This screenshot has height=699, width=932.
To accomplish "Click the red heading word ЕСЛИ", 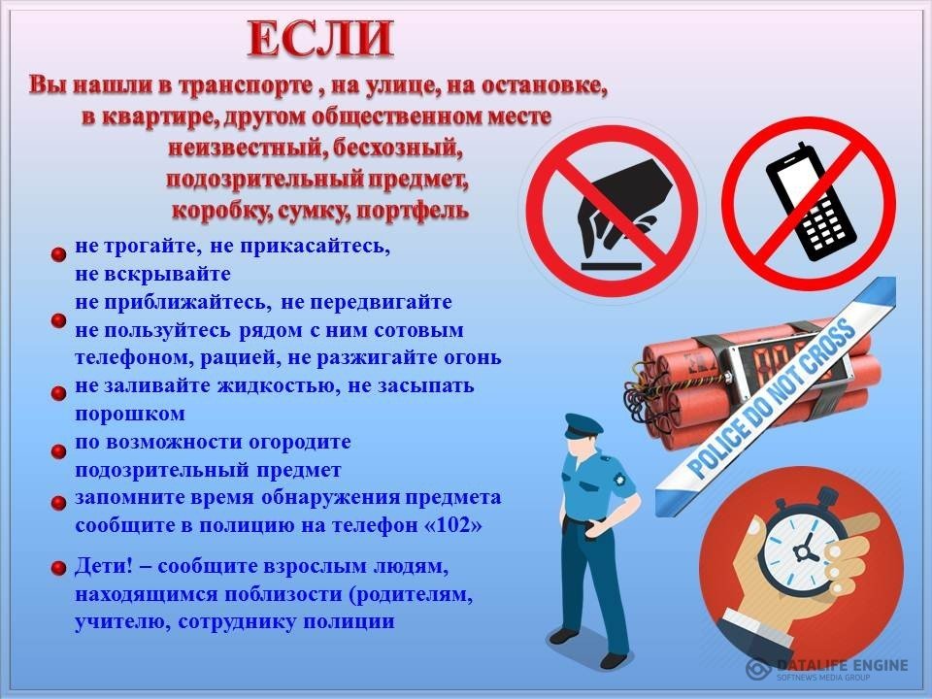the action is click(321, 39).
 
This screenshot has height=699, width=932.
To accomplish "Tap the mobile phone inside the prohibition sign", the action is click(810, 202).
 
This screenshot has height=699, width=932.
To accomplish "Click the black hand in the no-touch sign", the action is click(621, 205).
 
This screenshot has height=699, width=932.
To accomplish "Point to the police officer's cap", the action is click(582, 426).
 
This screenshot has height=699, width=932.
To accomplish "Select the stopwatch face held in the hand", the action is click(804, 549).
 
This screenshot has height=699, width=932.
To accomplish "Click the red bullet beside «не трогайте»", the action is click(58, 254).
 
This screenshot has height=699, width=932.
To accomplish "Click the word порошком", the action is click(130, 415).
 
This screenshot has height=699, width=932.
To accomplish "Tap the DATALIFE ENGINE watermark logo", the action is click(827, 668).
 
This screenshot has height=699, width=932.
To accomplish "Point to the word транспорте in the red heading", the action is click(246, 86).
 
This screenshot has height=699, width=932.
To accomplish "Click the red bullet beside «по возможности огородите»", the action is click(58, 451).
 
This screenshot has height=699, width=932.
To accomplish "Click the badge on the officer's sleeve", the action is click(621, 479).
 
